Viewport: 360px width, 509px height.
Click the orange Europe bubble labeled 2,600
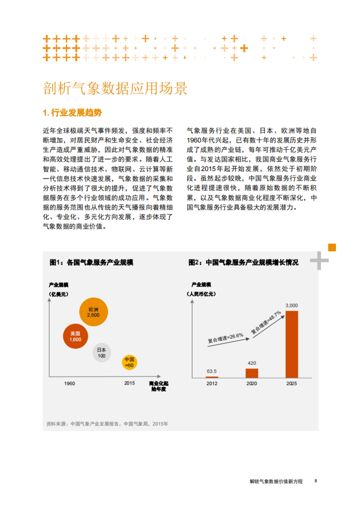[x=93, y=312]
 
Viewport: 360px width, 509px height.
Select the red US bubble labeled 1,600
[x=75, y=336]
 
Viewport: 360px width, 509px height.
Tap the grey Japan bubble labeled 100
[x=101, y=353]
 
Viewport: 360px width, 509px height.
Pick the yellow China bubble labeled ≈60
[x=129, y=362]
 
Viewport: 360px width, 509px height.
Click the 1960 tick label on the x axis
[x=69, y=383]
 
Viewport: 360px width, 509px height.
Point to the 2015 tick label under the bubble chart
[x=129, y=383]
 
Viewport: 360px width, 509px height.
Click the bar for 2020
[x=252, y=373]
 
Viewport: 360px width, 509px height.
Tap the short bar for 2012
[x=212, y=377]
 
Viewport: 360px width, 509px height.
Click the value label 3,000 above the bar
[x=292, y=305]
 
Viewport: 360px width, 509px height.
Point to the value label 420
[x=252, y=363]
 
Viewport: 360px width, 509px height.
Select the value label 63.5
[x=211, y=371]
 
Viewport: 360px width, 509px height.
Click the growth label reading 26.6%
[x=226, y=338]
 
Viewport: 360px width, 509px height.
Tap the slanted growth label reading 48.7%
[x=266, y=322]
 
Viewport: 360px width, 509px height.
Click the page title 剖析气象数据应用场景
[x=115, y=88]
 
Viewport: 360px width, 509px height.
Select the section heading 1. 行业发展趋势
[x=72, y=113]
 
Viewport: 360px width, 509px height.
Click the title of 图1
[x=91, y=263]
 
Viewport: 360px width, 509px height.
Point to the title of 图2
[x=243, y=263]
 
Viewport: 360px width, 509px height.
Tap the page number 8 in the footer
[x=316, y=481]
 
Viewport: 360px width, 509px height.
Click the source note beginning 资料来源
[x=107, y=424]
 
